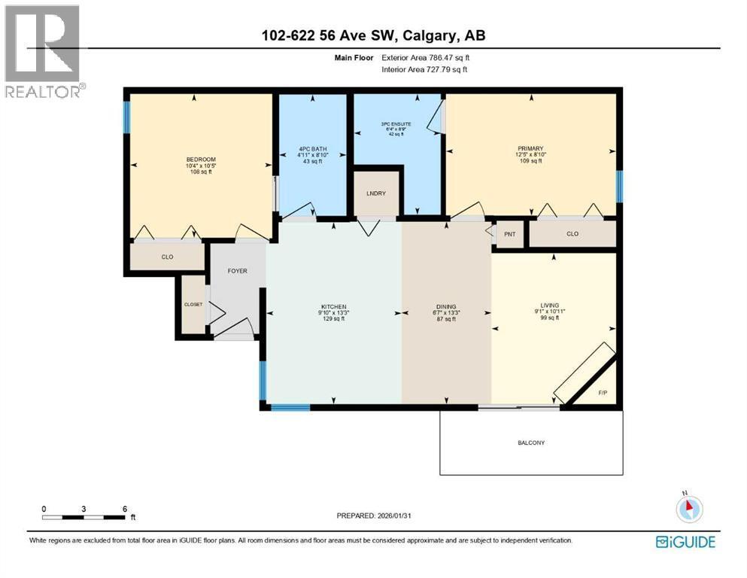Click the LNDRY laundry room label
(376, 194)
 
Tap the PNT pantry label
(509, 234)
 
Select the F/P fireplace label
(602, 393)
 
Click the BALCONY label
(531, 443)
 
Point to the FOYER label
(237, 271)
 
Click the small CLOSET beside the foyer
(193, 304)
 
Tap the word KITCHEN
(333, 307)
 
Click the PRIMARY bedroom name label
(530, 148)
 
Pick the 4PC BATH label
(311, 148)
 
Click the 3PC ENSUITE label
(396, 122)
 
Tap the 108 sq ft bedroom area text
(201, 172)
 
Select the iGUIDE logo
(685, 542)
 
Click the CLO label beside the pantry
(572, 234)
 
